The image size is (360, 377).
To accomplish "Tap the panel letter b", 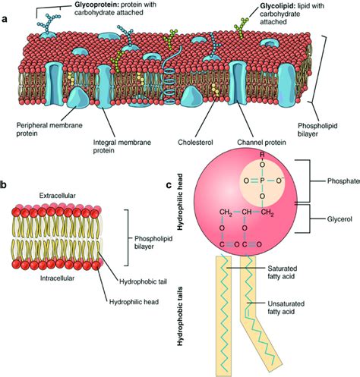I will pyautogui.click(x=5, y=184).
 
